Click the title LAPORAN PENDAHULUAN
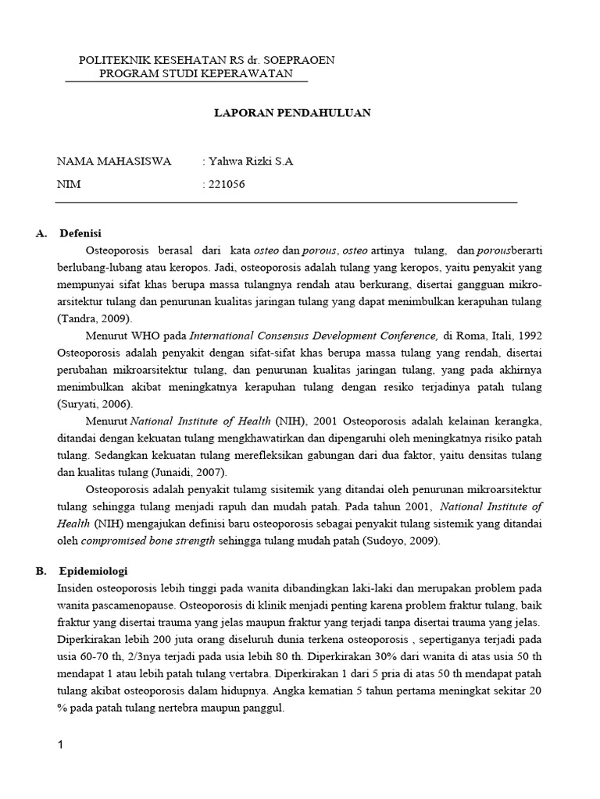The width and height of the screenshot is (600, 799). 292,112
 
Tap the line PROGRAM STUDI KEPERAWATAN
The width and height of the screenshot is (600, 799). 196,73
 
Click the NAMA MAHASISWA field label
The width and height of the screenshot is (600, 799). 114,162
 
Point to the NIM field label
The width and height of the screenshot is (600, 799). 69,185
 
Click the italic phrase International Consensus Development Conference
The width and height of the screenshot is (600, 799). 312,336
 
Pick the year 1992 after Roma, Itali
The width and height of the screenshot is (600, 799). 529,336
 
